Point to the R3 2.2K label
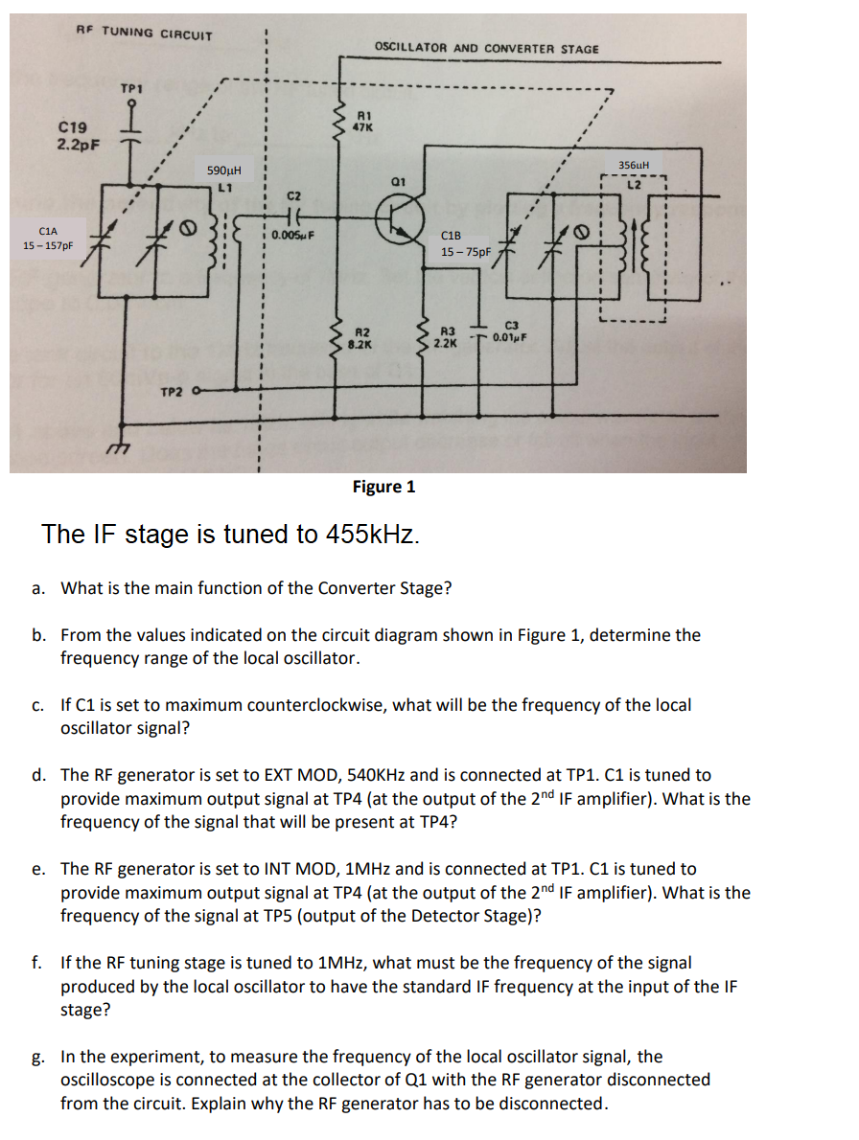[446, 334]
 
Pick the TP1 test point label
[131, 88]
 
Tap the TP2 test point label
[174, 392]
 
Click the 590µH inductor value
[223, 171]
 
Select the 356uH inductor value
[635, 165]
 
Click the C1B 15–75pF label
[465, 244]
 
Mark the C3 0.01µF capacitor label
[511, 331]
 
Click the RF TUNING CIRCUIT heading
[145, 33]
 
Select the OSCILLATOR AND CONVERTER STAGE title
[486, 48]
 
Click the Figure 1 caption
[383, 487]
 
